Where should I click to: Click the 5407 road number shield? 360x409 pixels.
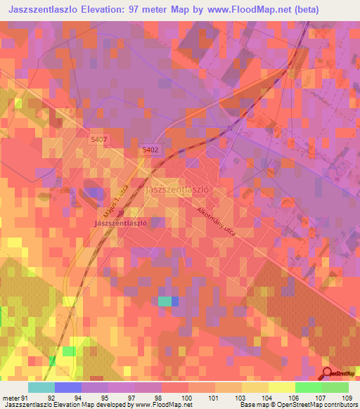tap(98, 140)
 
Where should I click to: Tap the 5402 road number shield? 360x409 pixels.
tap(150, 150)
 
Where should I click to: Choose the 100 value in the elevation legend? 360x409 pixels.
tap(186, 398)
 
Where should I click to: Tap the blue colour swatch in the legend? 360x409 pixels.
tap(67, 387)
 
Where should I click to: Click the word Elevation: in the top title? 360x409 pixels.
tap(109, 10)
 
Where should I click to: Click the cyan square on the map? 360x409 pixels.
tap(165, 301)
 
